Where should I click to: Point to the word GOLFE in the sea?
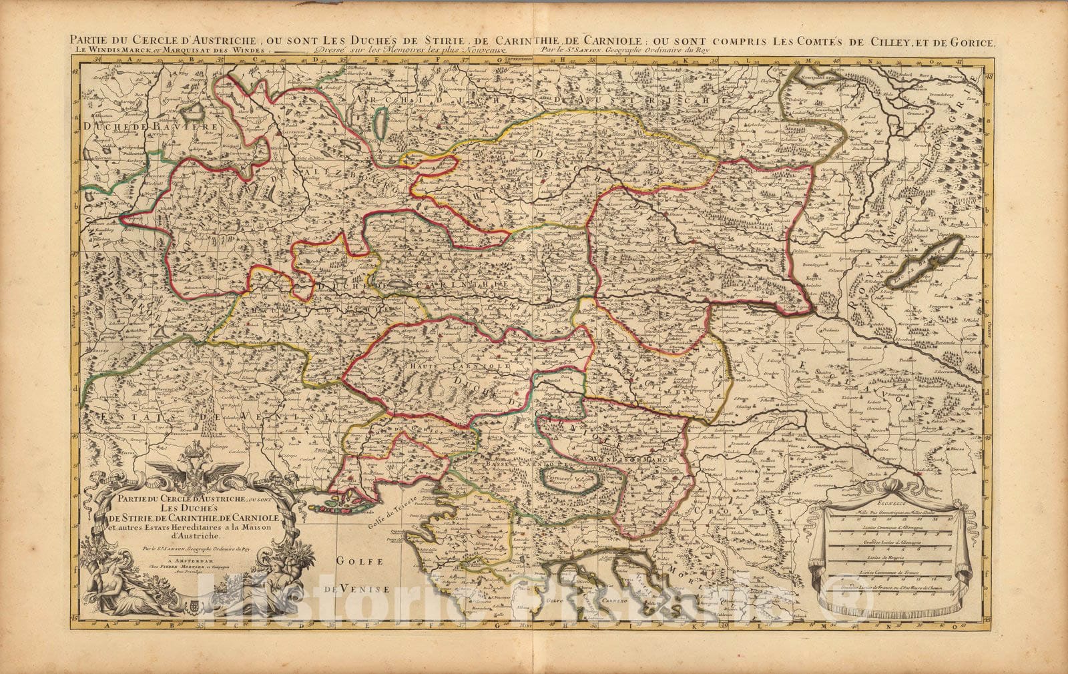[x=357, y=562]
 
